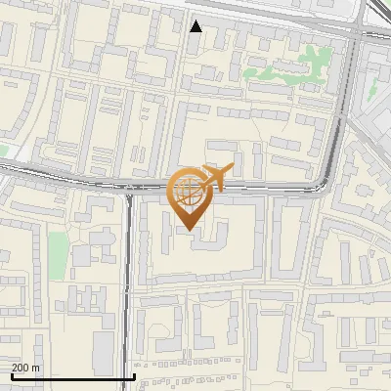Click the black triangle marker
tap(196, 26)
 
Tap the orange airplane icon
tap(216, 177)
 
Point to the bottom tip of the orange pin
tap(189, 231)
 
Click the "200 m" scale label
tap(26, 368)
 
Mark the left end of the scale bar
tap(12, 376)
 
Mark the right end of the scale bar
tap(134, 376)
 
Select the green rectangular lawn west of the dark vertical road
tap(59, 252)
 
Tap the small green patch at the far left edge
tap(3, 151)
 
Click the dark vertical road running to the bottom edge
tap(127, 293)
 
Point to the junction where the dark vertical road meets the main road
tap(128, 190)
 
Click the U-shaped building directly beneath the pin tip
tap(205, 235)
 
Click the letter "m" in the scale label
tap(35, 368)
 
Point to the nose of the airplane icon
tap(233, 167)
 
